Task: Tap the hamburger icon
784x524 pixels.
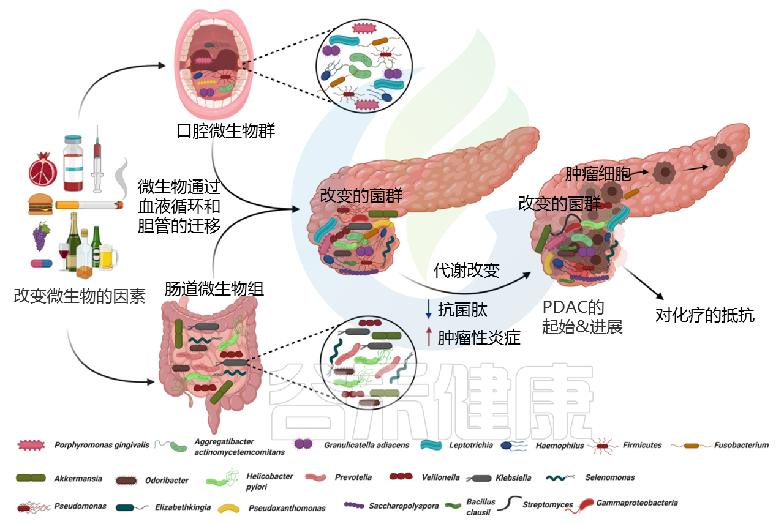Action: point(40,204)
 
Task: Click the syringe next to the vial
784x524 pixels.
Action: point(97,159)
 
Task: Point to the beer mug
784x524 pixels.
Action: point(108,257)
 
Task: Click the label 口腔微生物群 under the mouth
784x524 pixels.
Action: point(226,131)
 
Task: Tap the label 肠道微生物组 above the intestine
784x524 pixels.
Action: point(214,289)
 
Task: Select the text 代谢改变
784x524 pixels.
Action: point(467,270)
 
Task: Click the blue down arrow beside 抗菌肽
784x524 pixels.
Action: point(428,309)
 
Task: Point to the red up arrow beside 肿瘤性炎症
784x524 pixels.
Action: point(429,337)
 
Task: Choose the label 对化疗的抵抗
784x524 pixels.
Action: point(704,315)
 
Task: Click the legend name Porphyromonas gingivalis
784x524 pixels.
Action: point(102,445)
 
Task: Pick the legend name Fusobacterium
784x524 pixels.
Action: point(741,445)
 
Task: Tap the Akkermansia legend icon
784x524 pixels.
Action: point(31,478)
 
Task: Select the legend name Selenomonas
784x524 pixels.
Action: point(610,477)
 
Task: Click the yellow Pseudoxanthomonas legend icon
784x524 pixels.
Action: point(228,508)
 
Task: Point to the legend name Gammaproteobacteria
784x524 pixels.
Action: point(637,503)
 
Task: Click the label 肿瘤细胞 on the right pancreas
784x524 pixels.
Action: point(598,174)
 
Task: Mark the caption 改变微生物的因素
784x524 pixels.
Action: point(80,296)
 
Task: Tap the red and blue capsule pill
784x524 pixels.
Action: point(41,263)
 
